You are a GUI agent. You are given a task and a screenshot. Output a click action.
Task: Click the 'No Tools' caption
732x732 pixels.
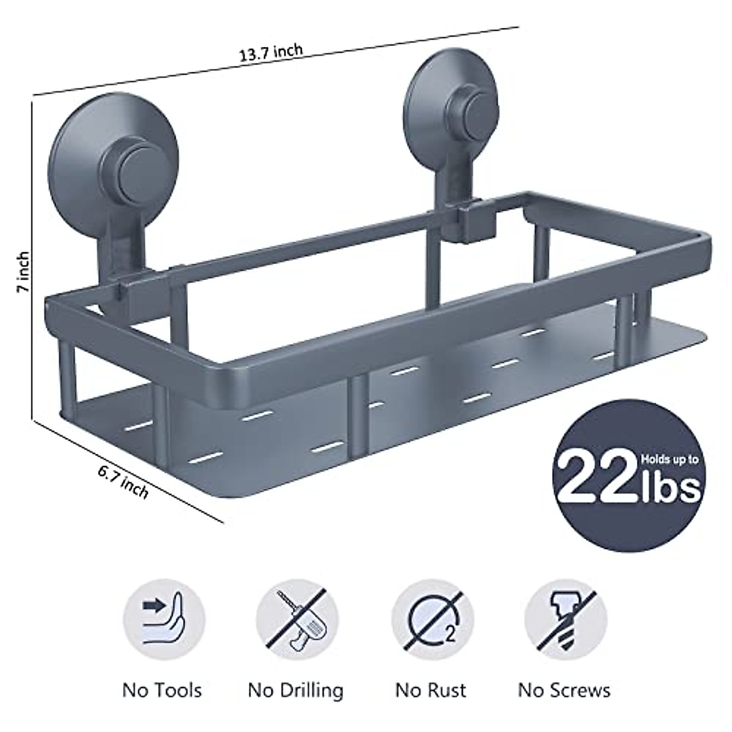click(162, 691)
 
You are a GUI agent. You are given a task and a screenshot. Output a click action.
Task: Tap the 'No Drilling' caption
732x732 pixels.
click(296, 691)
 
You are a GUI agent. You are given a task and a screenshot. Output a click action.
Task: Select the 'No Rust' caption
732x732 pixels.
click(431, 691)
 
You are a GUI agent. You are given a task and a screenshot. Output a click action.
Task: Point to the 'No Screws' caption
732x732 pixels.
click(564, 691)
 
